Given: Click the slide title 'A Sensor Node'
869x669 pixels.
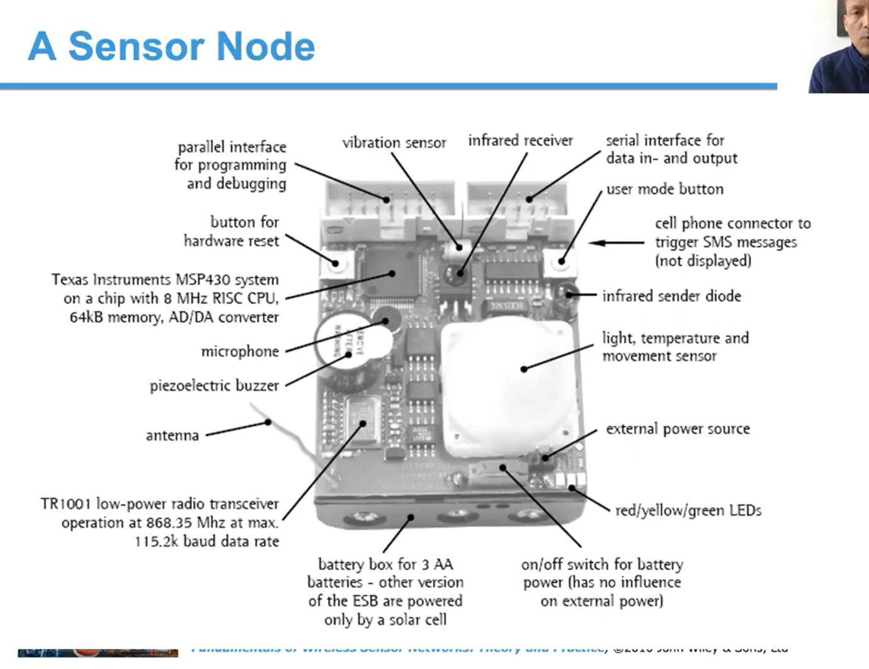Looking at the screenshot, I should click(x=171, y=47).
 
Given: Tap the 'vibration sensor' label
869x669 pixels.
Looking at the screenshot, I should click(x=394, y=143).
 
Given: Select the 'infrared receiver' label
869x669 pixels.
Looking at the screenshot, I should click(x=520, y=140).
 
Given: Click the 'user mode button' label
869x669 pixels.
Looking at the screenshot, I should click(x=664, y=189).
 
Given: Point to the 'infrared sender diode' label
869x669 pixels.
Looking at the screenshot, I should click(x=671, y=296).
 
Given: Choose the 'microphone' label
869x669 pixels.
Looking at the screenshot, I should click(x=240, y=351).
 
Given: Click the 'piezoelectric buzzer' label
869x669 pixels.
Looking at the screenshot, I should click(x=214, y=385).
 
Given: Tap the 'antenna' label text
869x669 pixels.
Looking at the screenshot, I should click(x=172, y=435).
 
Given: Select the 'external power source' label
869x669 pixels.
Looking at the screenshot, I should click(x=678, y=429).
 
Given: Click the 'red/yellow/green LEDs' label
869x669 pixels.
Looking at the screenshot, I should click(x=688, y=510).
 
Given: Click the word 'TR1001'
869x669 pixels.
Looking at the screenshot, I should click(x=66, y=504).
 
